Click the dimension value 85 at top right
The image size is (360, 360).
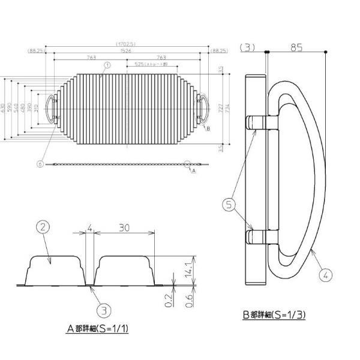pyautogui.click(x=296, y=46)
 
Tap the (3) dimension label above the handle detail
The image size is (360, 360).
pyautogui.click(x=247, y=47)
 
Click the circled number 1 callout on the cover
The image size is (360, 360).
pyautogui.click(x=107, y=65)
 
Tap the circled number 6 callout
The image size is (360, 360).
pyautogui.click(x=39, y=163)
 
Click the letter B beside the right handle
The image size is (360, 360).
pyautogui.click(x=208, y=128)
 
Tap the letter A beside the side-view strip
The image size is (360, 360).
pyautogui.click(x=194, y=170)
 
